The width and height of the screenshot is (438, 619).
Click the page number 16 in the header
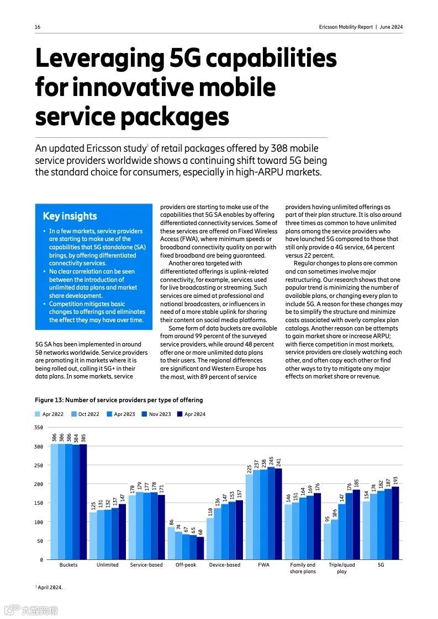click(x=38, y=27)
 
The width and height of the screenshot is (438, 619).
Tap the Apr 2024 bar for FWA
click(x=278, y=514)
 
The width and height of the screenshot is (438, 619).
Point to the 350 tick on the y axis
click(x=38, y=428)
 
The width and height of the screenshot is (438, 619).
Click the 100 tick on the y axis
click(x=38, y=522)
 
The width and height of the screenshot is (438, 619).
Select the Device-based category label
click(x=224, y=565)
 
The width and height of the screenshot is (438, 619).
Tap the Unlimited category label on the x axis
click(x=107, y=565)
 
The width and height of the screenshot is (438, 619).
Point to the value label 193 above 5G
click(x=395, y=481)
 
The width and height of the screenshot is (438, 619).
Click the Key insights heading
click(x=70, y=216)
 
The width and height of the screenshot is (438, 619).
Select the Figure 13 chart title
click(x=119, y=400)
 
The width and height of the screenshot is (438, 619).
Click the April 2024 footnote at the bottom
click(x=49, y=588)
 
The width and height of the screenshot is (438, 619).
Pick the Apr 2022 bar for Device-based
click(x=210, y=538)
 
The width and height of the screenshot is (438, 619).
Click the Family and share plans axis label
click(x=303, y=568)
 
